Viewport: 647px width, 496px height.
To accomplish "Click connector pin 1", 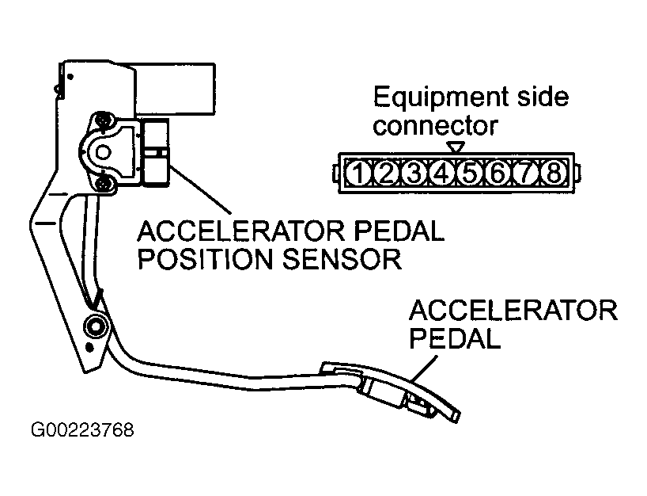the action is tap(358, 173).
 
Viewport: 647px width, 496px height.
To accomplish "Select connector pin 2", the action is tap(386, 173).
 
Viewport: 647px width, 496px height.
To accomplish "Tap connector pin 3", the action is tap(414, 173).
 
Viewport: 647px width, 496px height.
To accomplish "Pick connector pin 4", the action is tap(441, 173).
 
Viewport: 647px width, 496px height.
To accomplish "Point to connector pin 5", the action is tap(470, 173).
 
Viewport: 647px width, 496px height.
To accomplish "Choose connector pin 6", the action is tap(498, 173).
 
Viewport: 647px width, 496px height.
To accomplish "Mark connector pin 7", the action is tap(525, 173).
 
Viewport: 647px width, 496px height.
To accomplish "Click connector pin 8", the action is tap(553, 173).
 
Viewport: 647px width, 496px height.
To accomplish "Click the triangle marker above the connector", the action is tap(456, 147).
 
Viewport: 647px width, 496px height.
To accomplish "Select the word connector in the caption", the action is tap(435, 126).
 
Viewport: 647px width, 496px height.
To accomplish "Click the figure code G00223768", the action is tap(82, 430).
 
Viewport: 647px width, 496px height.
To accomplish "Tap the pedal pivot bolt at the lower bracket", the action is tap(96, 326).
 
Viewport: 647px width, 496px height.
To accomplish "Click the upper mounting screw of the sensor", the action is tap(103, 120).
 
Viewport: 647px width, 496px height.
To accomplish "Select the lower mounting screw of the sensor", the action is tap(103, 184).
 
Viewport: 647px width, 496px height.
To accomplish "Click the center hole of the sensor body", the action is tap(103, 152).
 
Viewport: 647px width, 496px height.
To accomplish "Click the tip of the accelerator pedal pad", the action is tap(456, 417).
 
